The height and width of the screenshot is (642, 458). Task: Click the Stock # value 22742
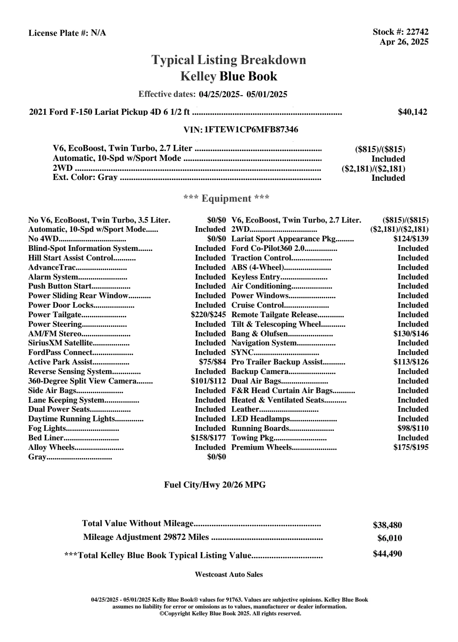pyautogui.click(x=417, y=32)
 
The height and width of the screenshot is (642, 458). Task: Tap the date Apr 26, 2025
pyautogui.click(x=404, y=42)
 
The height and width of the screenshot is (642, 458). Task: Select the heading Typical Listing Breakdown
pyautogui.click(x=229, y=60)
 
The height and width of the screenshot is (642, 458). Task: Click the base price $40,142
pyautogui.click(x=413, y=112)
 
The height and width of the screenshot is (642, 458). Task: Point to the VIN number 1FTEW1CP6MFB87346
pyautogui.click(x=251, y=130)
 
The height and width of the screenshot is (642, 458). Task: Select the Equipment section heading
pyautogui.click(x=227, y=199)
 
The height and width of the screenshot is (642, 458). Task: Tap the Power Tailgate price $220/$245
pyautogui.click(x=208, y=315)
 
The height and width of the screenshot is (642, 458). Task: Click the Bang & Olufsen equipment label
pyautogui.click(x=259, y=334)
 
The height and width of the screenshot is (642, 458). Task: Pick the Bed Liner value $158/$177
pyautogui.click(x=208, y=438)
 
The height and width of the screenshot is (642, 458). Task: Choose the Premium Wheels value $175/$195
pyautogui.click(x=411, y=448)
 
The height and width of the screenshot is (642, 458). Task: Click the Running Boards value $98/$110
pyautogui.click(x=413, y=429)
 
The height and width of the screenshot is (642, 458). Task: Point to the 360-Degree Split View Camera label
pyautogui.click(x=82, y=381)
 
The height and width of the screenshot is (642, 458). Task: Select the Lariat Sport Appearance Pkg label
pyautogui.click(x=283, y=239)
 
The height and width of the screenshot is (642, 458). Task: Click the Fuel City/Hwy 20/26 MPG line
pyautogui.click(x=215, y=485)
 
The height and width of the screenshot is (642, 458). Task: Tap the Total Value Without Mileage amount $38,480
pyautogui.click(x=387, y=525)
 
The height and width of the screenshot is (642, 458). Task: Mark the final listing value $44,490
pyautogui.click(x=387, y=554)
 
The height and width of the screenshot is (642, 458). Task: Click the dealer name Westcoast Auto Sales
pyautogui.click(x=229, y=575)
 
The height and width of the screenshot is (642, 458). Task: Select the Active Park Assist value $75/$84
pyautogui.click(x=212, y=362)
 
